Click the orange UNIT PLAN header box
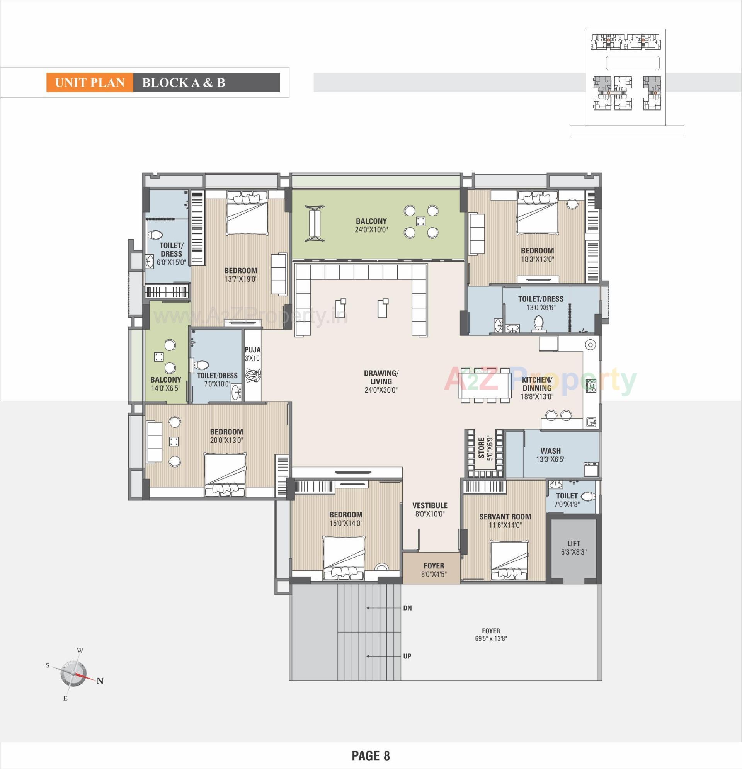click(x=90, y=83)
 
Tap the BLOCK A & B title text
click(x=183, y=83)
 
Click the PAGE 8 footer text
click(x=370, y=755)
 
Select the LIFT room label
click(x=573, y=543)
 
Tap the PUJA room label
click(x=252, y=350)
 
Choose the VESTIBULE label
click(x=430, y=505)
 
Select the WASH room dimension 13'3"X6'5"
click(x=551, y=459)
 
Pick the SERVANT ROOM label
click(x=505, y=517)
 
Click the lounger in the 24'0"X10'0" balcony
click(x=314, y=223)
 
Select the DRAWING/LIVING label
click(x=381, y=377)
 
